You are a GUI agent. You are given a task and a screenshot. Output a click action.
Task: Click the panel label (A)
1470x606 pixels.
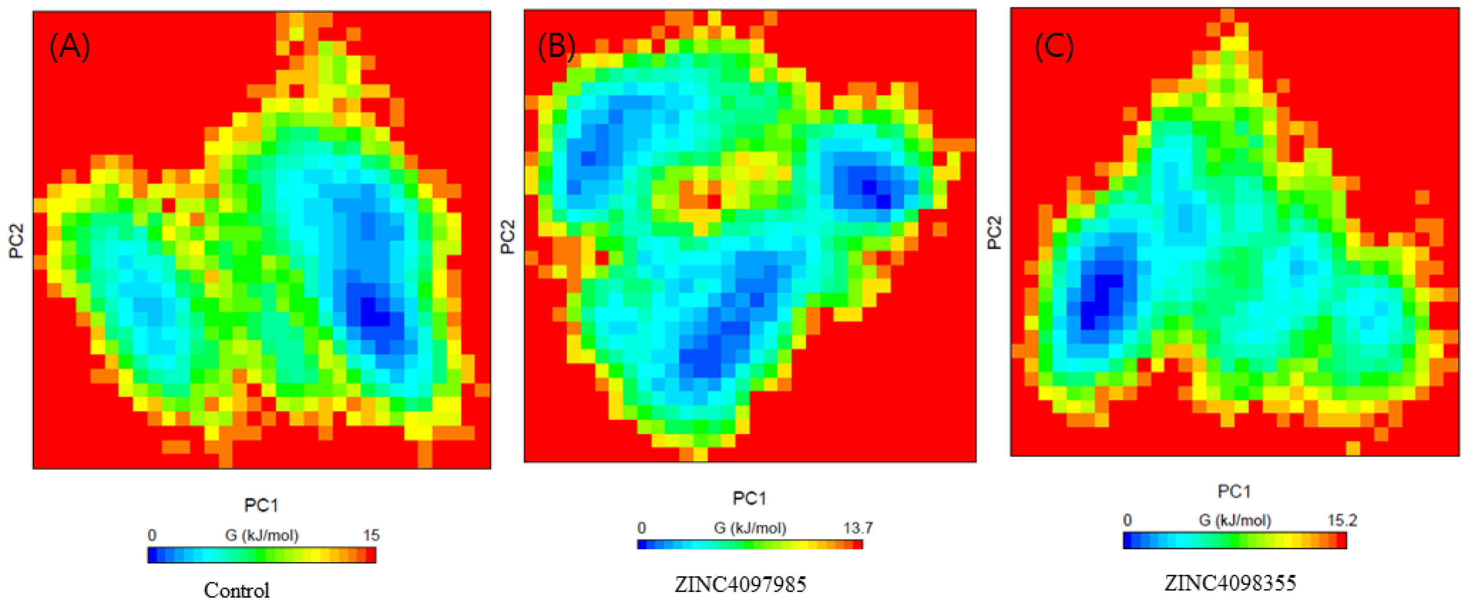coord(70,47)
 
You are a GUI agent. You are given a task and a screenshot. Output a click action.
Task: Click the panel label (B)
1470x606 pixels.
coord(556,47)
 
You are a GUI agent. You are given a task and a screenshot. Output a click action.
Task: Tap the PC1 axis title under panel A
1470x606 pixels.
coord(261,505)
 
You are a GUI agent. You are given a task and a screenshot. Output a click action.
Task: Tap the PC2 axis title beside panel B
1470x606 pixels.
coord(507,237)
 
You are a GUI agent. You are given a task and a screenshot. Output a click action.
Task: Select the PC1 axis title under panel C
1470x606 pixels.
coord(1234,491)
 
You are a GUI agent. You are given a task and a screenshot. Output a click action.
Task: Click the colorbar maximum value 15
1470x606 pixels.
coord(371,535)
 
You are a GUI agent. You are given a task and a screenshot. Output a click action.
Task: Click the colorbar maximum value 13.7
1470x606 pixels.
coord(858,528)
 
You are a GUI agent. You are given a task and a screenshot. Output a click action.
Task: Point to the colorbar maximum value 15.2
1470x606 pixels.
coord(1342,520)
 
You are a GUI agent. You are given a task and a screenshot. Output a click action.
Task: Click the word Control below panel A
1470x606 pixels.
coord(236,590)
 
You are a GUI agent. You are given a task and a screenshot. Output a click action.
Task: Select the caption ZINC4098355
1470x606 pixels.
coord(1230,583)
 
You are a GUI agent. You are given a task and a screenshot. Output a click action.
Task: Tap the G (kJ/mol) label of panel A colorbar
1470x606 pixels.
coord(261,535)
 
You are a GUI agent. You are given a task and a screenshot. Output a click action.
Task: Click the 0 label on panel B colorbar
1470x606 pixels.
coord(642,528)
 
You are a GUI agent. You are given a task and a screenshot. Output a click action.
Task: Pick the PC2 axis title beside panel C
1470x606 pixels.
coord(994,233)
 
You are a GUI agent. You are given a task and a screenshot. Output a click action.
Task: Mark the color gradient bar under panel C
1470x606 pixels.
coord(1234,540)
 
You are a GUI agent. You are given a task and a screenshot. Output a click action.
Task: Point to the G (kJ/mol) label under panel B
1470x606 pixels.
coord(749,528)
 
